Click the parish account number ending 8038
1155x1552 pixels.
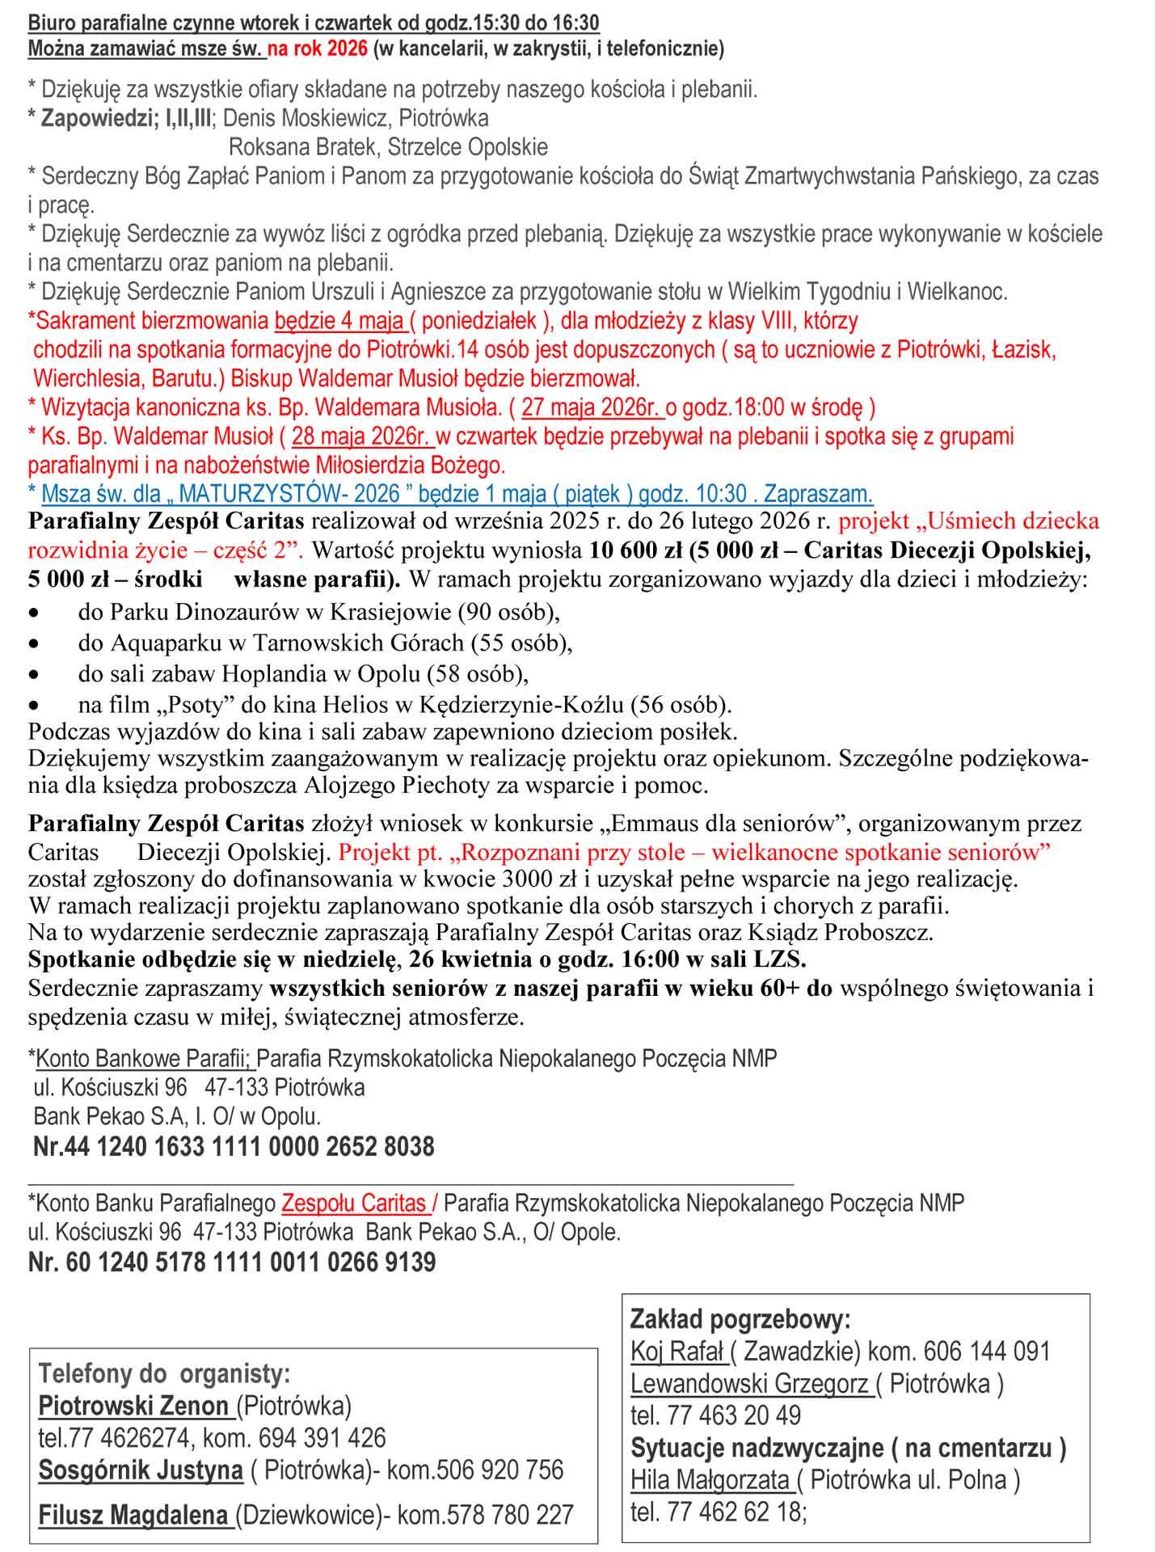(234, 1146)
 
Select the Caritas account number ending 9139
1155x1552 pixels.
(232, 1262)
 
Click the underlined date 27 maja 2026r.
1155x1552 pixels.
(593, 407)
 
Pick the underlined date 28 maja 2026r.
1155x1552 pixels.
(362, 436)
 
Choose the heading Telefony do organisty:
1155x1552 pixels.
(164, 1373)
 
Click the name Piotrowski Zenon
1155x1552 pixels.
(134, 1406)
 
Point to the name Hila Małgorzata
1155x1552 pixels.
(710, 1479)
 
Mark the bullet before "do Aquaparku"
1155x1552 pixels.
(34, 643)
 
